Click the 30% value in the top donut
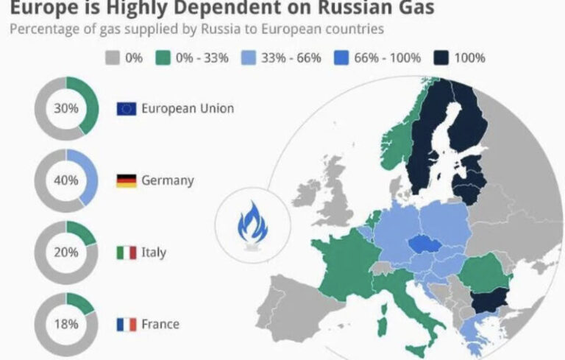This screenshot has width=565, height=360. coord(65,107)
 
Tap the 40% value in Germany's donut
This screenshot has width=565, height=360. coord(65,180)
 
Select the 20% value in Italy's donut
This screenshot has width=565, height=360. coord(65,252)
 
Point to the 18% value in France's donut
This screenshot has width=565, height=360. coord(65,324)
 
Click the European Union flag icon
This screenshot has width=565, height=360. coord(126,109)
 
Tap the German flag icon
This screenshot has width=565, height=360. coord(126,180)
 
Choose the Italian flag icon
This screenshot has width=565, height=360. coord(126,253)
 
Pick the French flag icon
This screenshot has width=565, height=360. coord(126,324)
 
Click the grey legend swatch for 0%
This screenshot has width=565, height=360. coord(113,57)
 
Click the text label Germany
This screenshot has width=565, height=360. coord(168,180)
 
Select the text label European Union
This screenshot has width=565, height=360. coord(187,108)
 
